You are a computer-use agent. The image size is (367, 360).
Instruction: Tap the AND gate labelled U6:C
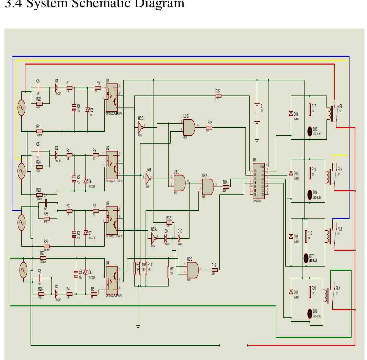pyautogui.click(x=189, y=127)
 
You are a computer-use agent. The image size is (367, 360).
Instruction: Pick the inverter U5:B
pyautogui.click(x=148, y=178)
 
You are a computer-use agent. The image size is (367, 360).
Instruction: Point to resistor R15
pyautogui.click(x=218, y=96)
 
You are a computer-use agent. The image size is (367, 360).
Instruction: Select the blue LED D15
pyautogui.click(x=310, y=130)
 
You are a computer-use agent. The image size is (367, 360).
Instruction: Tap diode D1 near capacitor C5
pyautogui.click(x=56, y=88)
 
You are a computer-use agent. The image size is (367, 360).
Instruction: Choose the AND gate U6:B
pyautogui.click(x=192, y=270)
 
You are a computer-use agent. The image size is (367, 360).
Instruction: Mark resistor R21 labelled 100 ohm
pyautogui.click(x=39, y=131)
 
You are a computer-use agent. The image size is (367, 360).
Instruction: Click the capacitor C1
pyautogui.click(x=73, y=108)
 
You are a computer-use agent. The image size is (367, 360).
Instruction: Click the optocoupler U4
pyautogui.click(x=112, y=278)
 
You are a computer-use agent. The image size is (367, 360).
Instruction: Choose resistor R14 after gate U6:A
pyautogui.click(x=225, y=187)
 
